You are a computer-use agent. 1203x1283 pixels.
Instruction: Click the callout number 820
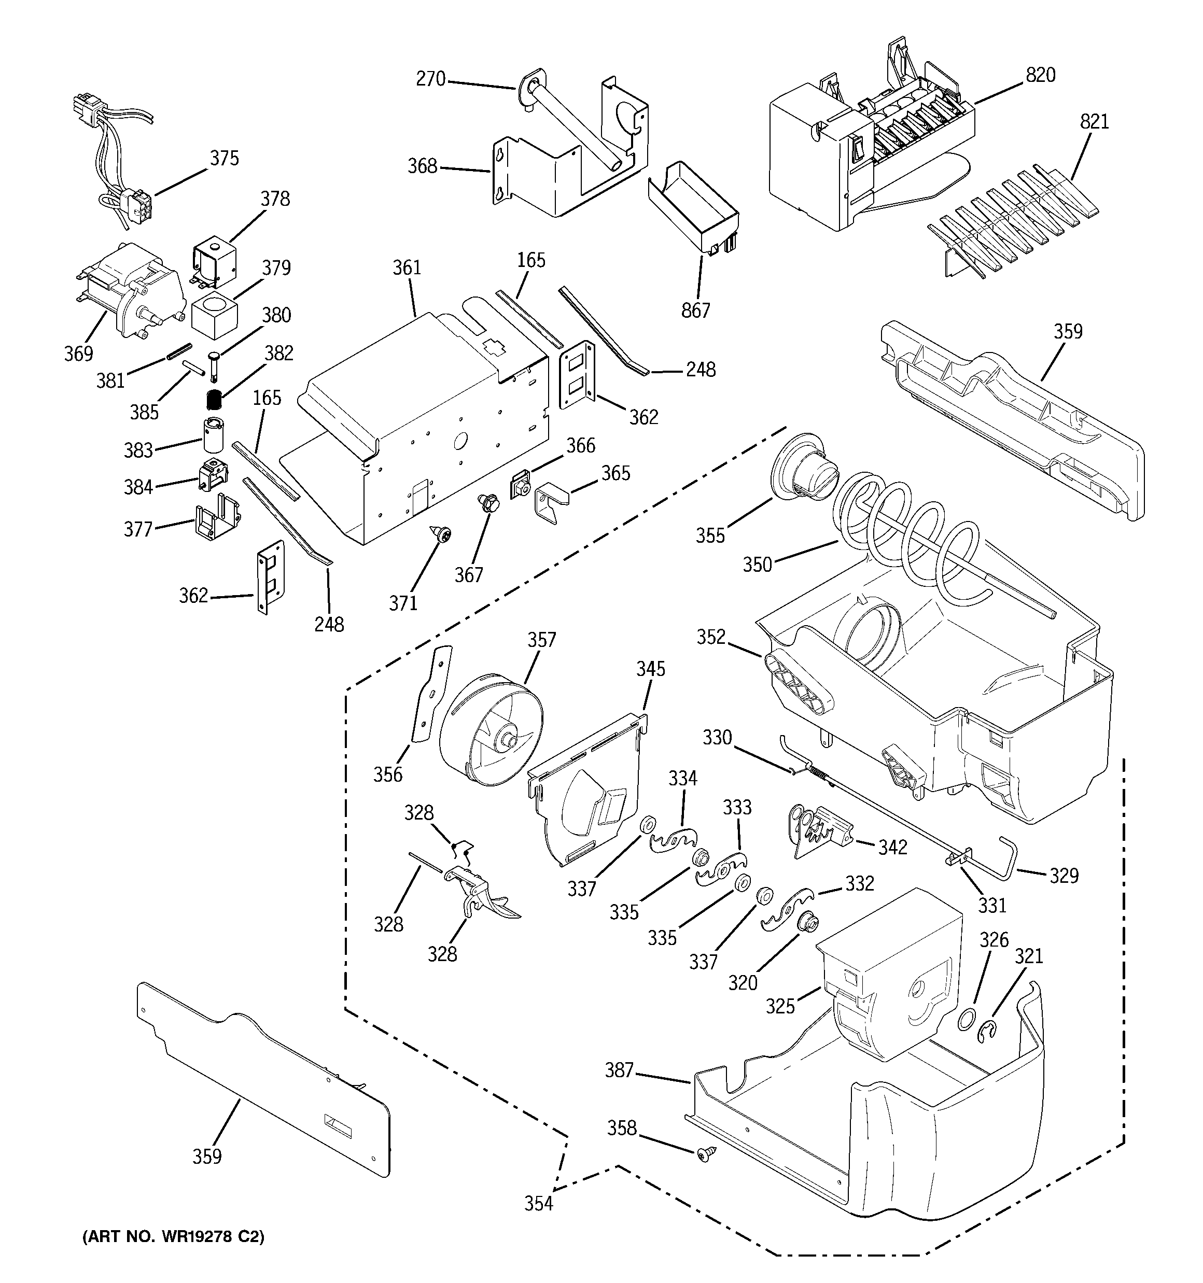[x=1040, y=76]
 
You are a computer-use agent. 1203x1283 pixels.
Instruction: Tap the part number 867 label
[x=695, y=311]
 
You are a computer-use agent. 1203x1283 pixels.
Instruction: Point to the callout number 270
[x=431, y=79]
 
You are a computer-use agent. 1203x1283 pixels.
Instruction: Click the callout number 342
[x=892, y=847]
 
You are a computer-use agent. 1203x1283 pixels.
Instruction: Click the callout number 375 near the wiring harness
[x=224, y=158]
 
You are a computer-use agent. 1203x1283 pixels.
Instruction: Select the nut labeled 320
[x=805, y=923]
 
